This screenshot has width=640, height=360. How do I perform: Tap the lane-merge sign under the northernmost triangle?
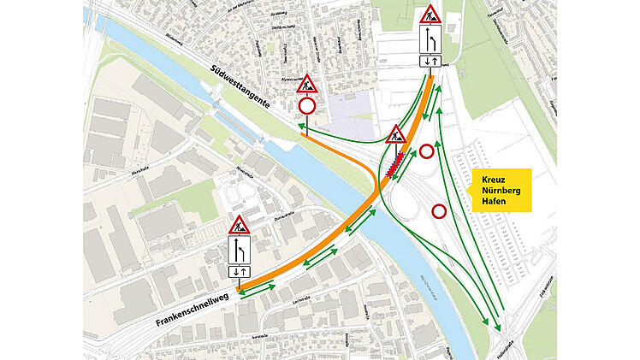coord(430,40)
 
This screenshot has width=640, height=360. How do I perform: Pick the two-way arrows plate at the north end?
coord(430,61)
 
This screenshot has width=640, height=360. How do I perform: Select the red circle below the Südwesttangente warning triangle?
coord(307,107)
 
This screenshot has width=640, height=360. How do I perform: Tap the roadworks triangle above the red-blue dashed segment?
coord(395,134)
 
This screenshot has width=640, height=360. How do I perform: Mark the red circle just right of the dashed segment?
coord(427,152)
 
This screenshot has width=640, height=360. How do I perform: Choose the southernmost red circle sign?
coord(440,210)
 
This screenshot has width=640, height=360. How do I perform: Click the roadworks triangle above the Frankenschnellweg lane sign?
coord(239,226)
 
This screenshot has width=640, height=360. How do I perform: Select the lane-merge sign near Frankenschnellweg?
coord(239,251)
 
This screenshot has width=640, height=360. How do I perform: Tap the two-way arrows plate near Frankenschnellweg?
coord(239,271)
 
